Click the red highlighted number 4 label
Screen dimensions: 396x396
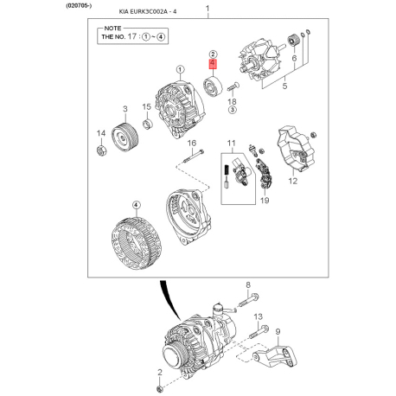coord(213,64)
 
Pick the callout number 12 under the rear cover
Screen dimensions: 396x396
coord(292,182)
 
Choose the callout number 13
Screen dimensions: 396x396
coord(257,317)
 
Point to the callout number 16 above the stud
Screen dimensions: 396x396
coord(192,143)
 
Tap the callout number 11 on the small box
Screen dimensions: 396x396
coord(231,143)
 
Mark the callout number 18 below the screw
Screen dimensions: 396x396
coord(232,101)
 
